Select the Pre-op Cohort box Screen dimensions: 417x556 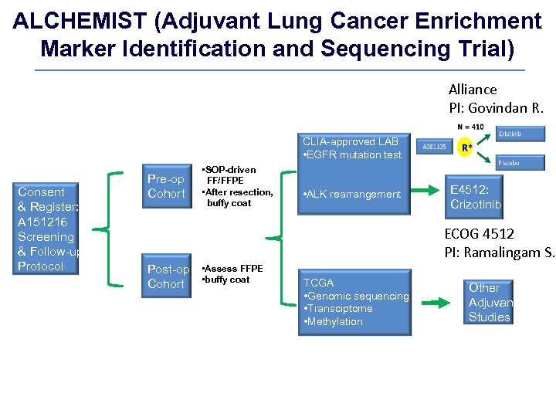166,186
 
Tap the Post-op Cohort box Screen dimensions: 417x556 168,276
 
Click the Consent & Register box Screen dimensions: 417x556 48,229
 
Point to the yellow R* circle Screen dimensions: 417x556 466,147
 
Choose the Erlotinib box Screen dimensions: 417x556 521,134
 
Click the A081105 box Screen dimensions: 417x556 435,147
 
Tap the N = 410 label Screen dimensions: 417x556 470,127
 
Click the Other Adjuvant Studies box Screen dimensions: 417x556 490,302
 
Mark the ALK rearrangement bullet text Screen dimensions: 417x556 352,194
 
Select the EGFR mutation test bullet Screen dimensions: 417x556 353,154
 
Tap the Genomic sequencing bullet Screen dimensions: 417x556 357,296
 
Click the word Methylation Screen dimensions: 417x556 336,321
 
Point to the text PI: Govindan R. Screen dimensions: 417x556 496,108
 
